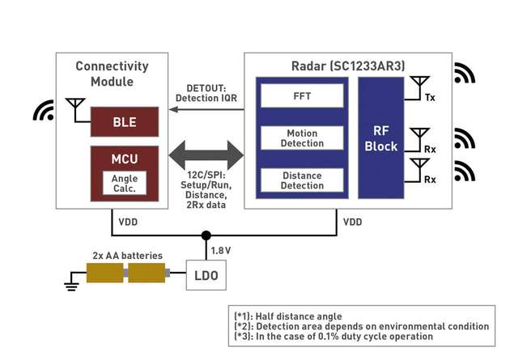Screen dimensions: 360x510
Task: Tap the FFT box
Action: [301, 96]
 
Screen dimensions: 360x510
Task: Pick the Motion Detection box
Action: [301, 138]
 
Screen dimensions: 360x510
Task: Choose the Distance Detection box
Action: [301, 180]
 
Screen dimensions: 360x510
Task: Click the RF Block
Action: [380, 138]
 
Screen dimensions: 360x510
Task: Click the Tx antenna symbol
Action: [419, 84]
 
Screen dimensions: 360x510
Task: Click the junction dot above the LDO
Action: [206, 235]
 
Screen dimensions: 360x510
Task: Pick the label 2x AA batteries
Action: [127, 255]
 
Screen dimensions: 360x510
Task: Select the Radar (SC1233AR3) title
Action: [347, 66]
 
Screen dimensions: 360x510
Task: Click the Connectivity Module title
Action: [112, 73]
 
